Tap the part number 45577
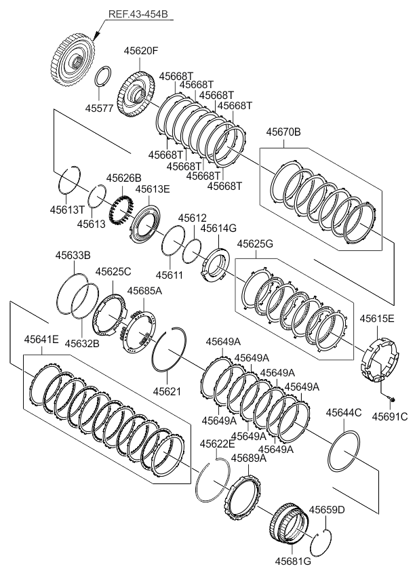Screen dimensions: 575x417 click(100, 108)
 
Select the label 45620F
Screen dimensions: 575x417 click(141, 51)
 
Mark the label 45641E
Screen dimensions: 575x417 click(41, 338)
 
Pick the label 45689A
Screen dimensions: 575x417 click(248, 458)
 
